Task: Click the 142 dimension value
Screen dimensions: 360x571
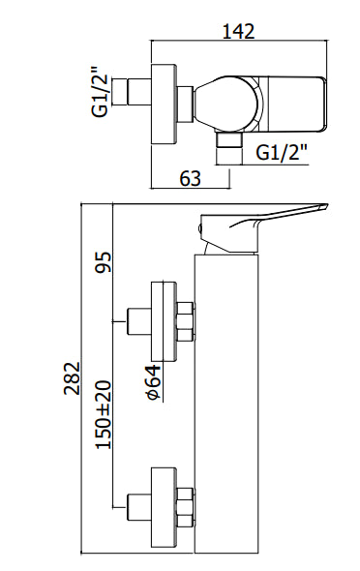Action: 238,32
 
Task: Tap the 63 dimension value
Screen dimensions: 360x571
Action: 190,179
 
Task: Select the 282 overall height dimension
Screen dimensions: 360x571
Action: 72,377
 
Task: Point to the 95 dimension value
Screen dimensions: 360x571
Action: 104,262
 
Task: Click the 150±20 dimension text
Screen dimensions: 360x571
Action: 104,415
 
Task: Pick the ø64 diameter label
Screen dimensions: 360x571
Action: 153,382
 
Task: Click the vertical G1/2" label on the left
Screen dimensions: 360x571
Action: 100,91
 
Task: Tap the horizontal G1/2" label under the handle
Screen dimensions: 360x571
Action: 283,152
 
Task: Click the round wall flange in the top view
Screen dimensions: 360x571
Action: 165,105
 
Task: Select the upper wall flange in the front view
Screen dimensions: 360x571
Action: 164,322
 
